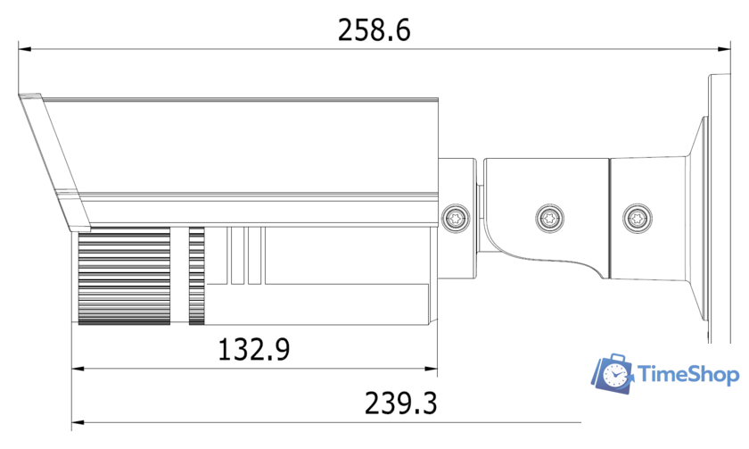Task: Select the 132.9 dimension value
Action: (x=254, y=349)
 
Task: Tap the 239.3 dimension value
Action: (x=400, y=403)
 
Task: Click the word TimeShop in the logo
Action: (x=689, y=376)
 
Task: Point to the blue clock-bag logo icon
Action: (x=613, y=374)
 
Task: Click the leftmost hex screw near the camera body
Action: (x=456, y=216)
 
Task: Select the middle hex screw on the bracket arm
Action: (x=548, y=216)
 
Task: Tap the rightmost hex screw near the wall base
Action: (x=637, y=216)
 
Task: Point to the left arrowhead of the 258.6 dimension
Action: (x=24, y=49)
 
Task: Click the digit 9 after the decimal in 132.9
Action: (x=282, y=349)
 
